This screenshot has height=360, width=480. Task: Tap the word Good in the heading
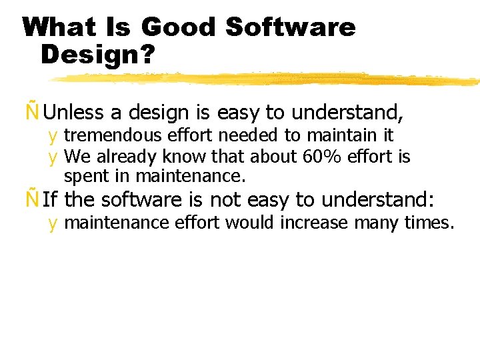pyautogui.click(x=179, y=27)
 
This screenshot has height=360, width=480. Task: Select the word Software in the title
pyautogui.click(x=291, y=27)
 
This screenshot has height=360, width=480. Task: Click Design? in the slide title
pyautogui.click(x=97, y=55)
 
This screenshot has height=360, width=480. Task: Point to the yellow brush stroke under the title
pyautogui.click(x=267, y=79)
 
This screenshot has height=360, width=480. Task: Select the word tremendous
pyautogui.click(x=113, y=135)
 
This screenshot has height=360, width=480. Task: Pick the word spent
pyautogui.click(x=83, y=176)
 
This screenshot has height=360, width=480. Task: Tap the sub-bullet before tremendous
pyautogui.click(x=52, y=137)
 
